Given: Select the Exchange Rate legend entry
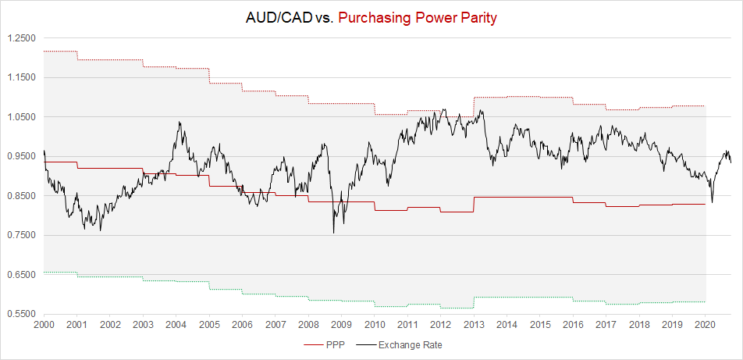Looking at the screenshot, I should (x=410, y=344).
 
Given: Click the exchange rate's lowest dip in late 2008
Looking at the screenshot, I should (x=334, y=232).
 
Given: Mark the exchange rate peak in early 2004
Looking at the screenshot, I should (x=180, y=122).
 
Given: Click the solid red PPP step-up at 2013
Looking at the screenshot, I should (x=474, y=205).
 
